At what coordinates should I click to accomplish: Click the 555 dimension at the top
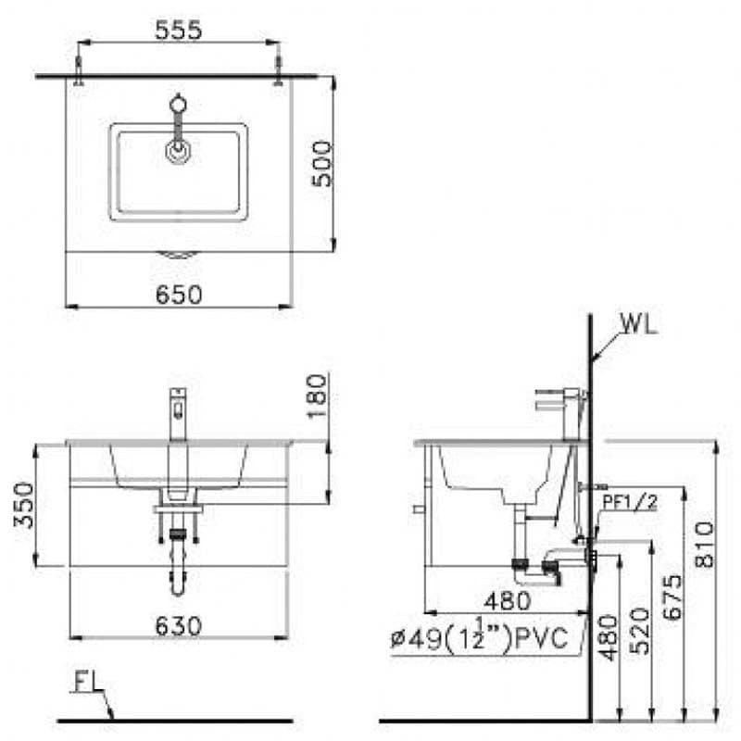(178, 31)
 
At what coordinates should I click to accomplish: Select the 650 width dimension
(179, 295)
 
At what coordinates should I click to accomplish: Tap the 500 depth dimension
(322, 164)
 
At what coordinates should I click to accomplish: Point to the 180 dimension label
(317, 396)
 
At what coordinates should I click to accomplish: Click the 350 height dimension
(24, 505)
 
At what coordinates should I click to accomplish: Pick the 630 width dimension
(179, 626)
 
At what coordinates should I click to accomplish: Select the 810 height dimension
(704, 544)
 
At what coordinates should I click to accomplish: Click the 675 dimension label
(672, 597)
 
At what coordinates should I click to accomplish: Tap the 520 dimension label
(640, 631)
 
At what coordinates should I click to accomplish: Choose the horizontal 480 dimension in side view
(507, 601)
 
